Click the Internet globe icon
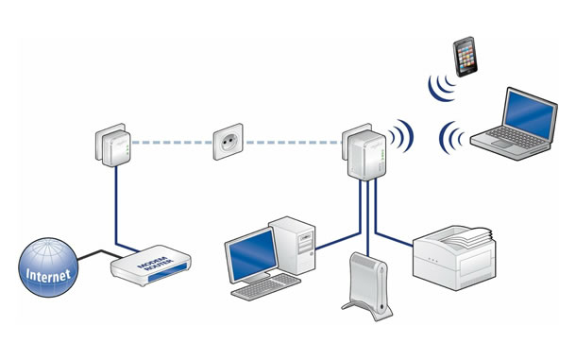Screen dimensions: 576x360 [x=48, y=267]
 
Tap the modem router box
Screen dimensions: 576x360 [x=151, y=266]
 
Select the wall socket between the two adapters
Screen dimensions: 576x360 [x=229, y=142]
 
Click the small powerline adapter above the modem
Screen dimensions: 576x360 [x=113, y=145]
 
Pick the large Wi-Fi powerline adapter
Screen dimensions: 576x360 [x=364, y=152]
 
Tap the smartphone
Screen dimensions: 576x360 [x=465, y=57]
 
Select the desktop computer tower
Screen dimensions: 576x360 [x=293, y=245]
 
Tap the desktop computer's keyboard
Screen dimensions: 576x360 [x=266, y=287]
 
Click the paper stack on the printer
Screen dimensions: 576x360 [x=466, y=237]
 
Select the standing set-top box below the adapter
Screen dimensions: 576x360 [x=367, y=285]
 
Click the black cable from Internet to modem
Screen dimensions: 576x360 [x=100, y=254]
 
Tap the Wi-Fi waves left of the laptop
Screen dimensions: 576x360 [x=451, y=138]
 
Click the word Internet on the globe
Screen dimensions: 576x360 [x=48, y=275]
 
